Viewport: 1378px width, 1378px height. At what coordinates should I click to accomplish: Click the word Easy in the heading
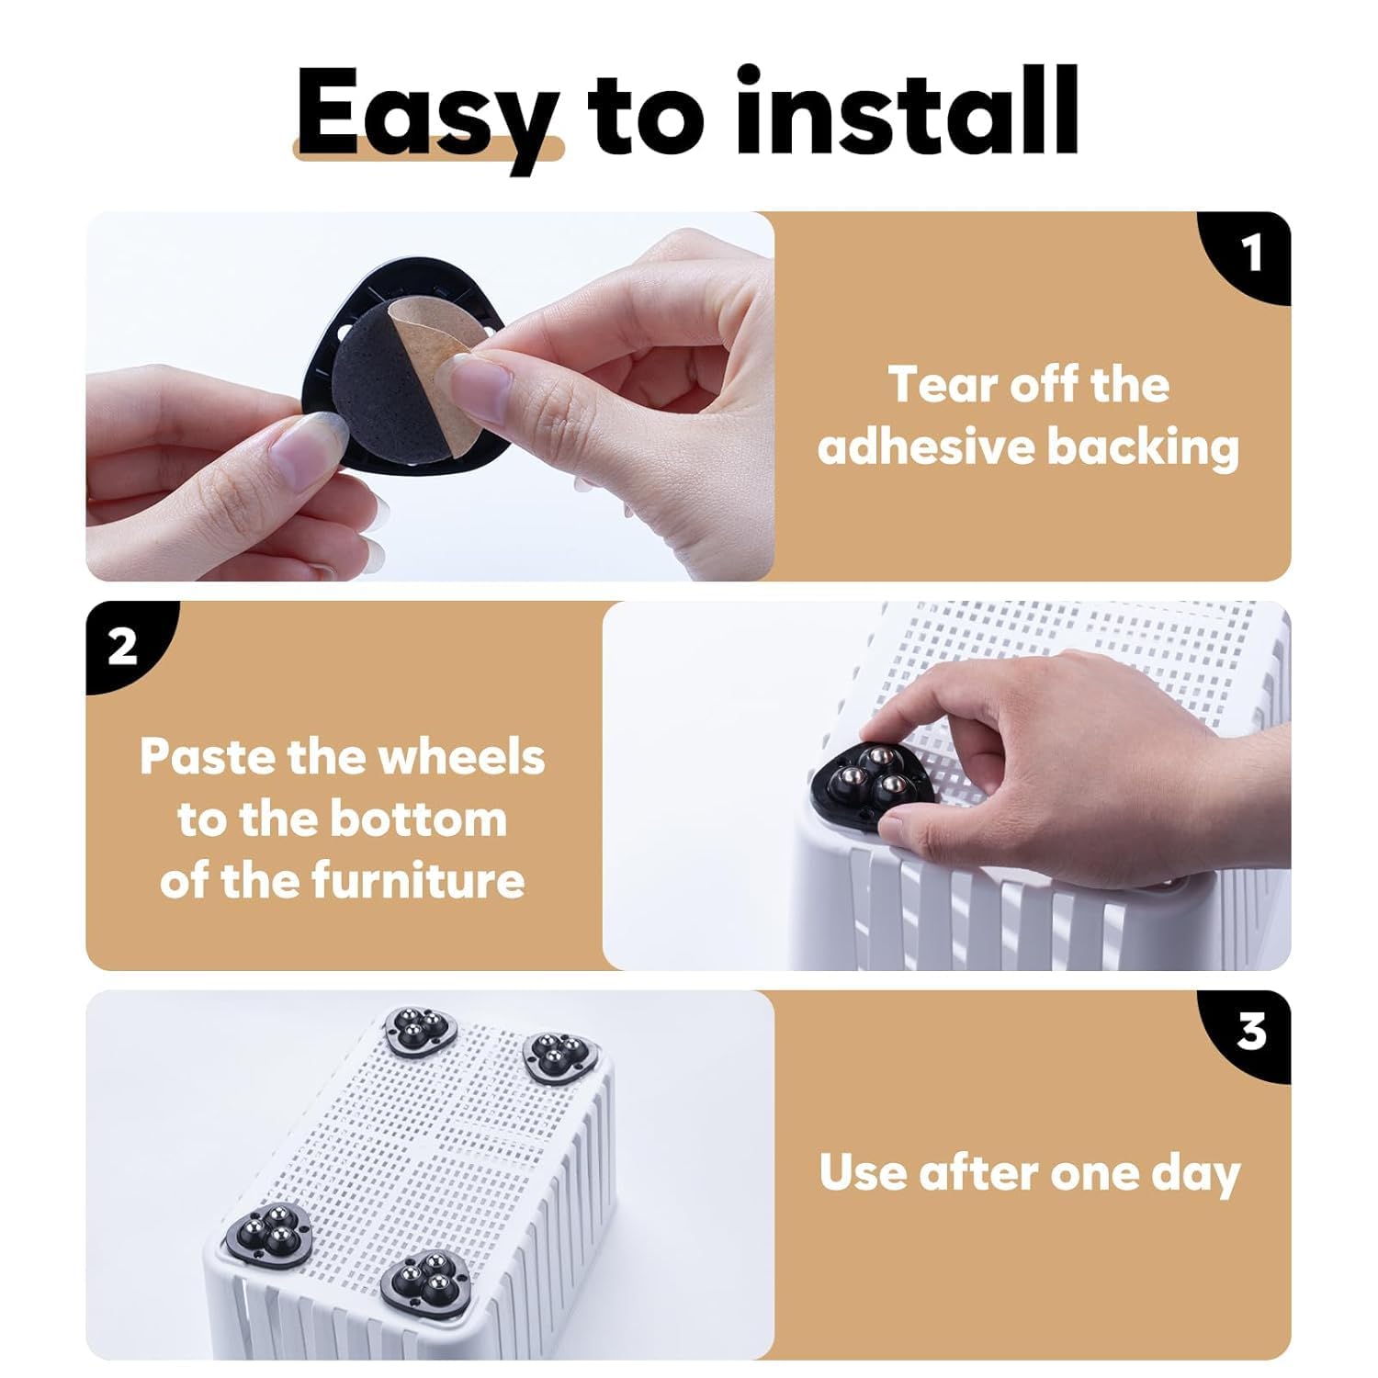pyautogui.click(x=426, y=115)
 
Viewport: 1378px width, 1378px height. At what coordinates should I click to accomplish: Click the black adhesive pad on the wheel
pyautogui.click(x=377, y=390)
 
